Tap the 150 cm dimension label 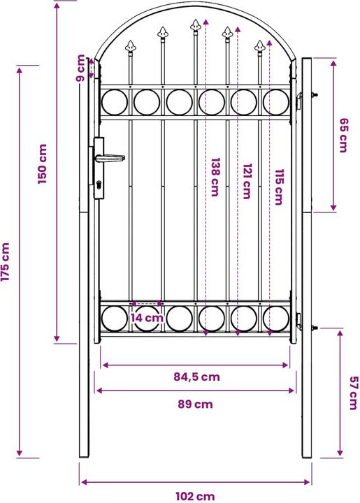pos(43,164)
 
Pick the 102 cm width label pos(195,496)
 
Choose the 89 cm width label pos(194,404)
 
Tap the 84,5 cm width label pos(196,377)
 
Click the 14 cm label pos(147,318)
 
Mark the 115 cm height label pos(278,187)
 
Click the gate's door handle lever pos(112,157)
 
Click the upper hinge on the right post pos(303,97)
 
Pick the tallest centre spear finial pos(195,28)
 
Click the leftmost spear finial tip pos(130,47)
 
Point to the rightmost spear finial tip pos(260,47)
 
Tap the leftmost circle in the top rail pos(115,101)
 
